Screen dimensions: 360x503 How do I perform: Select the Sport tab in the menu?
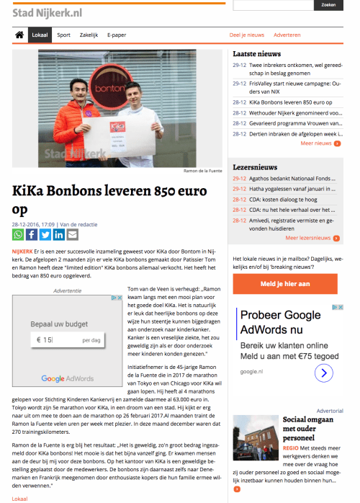[x=63, y=35]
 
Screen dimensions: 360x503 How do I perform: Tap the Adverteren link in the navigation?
[x=287, y=35]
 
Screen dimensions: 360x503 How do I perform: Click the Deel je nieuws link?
[x=246, y=35]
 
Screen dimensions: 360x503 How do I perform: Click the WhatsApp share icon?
[x=18, y=234]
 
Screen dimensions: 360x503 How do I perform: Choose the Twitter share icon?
[x=45, y=234]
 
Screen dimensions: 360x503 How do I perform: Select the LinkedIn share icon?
[x=59, y=234]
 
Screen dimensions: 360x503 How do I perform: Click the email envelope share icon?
[x=73, y=234]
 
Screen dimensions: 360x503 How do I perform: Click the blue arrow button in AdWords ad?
[x=324, y=373]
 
